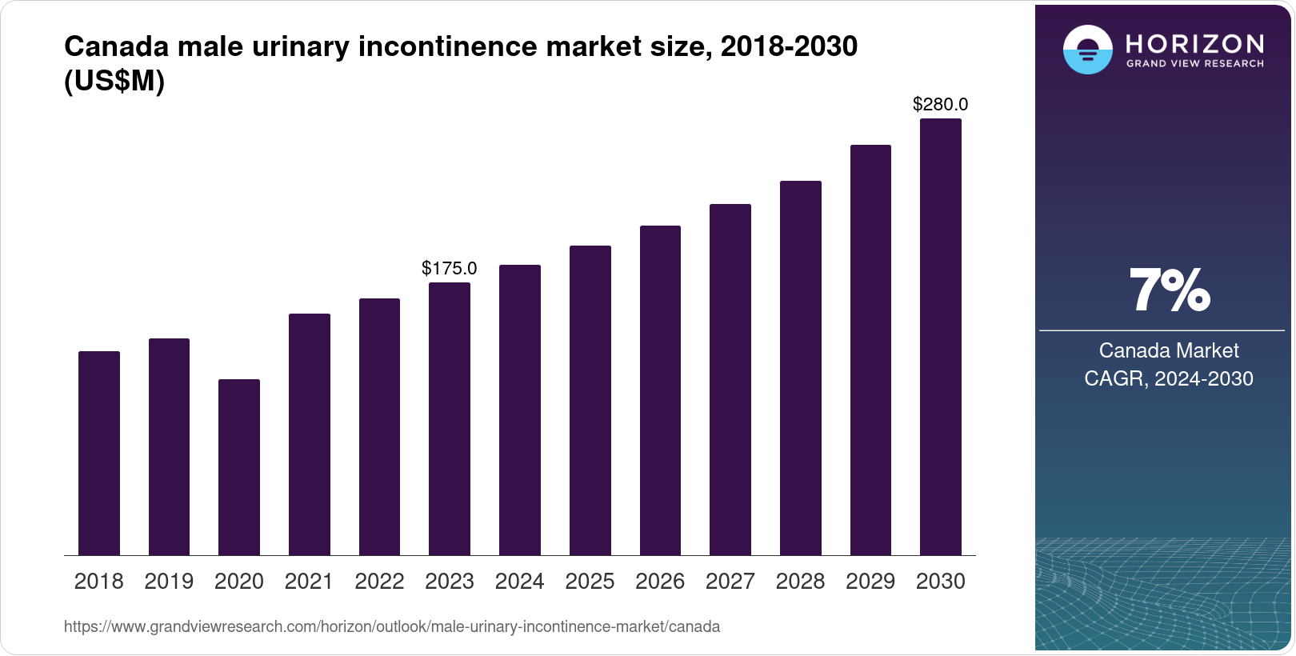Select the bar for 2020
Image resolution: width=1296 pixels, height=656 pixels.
[x=239, y=467]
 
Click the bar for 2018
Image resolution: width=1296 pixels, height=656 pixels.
[x=99, y=453]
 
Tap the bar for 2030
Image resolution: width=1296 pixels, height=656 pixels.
[x=941, y=337]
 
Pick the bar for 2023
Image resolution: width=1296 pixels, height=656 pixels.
[x=450, y=418]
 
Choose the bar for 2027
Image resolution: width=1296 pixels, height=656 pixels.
[x=730, y=379]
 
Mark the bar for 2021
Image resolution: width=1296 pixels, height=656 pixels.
[x=310, y=434]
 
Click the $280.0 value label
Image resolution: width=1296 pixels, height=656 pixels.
[x=941, y=104]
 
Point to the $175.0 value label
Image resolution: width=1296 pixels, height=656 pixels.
[x=450, y=268]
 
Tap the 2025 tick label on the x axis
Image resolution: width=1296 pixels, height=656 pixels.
[x=590, y=582]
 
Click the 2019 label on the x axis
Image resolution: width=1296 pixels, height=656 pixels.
[x=169, y=582]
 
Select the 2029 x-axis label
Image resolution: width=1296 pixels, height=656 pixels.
[x=870, y=582]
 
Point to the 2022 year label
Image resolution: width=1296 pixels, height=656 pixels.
[x=379, y=582]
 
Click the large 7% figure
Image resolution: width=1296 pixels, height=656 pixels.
[x=1169, y=291]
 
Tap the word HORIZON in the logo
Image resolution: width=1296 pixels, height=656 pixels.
[x=1195, y=43]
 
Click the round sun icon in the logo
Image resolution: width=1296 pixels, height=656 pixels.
[x=1087, y=50]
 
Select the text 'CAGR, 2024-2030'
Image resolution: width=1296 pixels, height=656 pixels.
[x=1169, y=378]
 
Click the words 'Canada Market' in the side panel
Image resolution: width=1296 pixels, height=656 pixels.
[x=1169, y=350]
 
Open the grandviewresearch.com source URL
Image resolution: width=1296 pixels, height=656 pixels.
[x=392, y=627]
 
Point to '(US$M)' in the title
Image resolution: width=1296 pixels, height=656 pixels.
[x=114, y=82]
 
